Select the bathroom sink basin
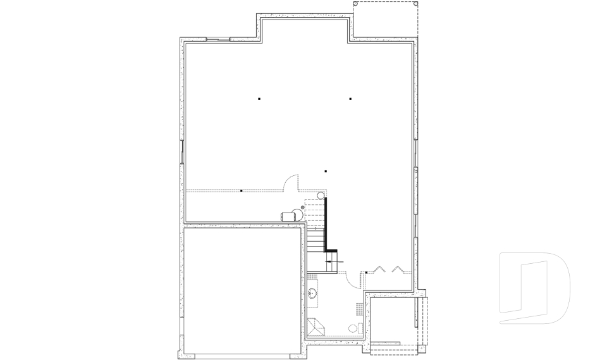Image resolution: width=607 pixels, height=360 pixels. pos(313,293)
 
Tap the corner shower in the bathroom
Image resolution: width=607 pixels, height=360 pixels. pos(315,328)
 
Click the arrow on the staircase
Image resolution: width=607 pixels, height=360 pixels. pos(333,261)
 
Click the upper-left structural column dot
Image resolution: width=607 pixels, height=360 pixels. pos(259,99)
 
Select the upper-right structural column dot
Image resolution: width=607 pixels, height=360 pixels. pos(350,99)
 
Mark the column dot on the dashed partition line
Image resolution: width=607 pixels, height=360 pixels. pos(242,190)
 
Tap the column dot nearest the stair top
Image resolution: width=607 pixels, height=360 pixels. pos(326,171)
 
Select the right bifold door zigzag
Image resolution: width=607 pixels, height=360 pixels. pos(397,270)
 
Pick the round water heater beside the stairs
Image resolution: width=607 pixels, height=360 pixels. pos(321,195)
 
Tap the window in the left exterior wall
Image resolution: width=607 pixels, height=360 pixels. pos(182,152)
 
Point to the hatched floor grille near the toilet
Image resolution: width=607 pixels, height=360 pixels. pos(360,309)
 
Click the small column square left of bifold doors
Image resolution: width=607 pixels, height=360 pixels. pos(367,272)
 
